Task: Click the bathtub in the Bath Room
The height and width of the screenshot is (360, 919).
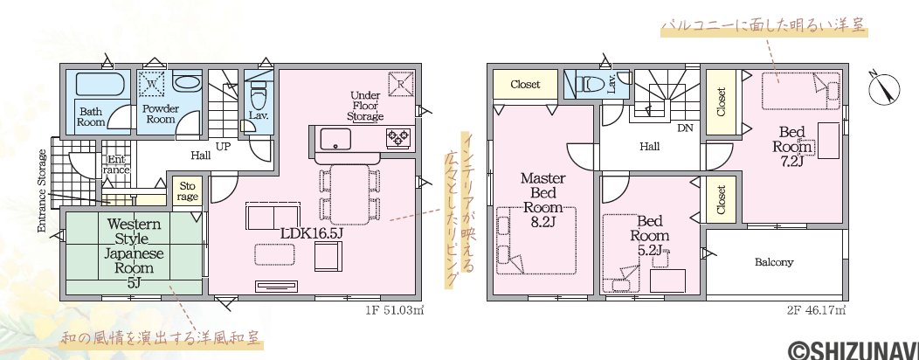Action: tap(100, 84)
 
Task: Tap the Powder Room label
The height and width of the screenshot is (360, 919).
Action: tap(161, 114)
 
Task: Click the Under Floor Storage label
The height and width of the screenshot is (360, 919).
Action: tap(365, 106)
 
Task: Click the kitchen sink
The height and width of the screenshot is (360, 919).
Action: tap(335, 138)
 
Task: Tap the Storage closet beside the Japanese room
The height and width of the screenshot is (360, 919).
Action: tap(187, 191)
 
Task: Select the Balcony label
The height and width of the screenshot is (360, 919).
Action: tap(774, 262)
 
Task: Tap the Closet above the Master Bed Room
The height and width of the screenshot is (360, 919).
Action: tap(525, 85)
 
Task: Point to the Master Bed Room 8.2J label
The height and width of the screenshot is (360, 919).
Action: tap(543, 199)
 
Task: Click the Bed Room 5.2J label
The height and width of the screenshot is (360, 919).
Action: tap(649, 236)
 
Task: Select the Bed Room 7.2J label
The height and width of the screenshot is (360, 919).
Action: tap(791, 146)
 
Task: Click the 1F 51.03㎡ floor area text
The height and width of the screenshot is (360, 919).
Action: tap(394, 309)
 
